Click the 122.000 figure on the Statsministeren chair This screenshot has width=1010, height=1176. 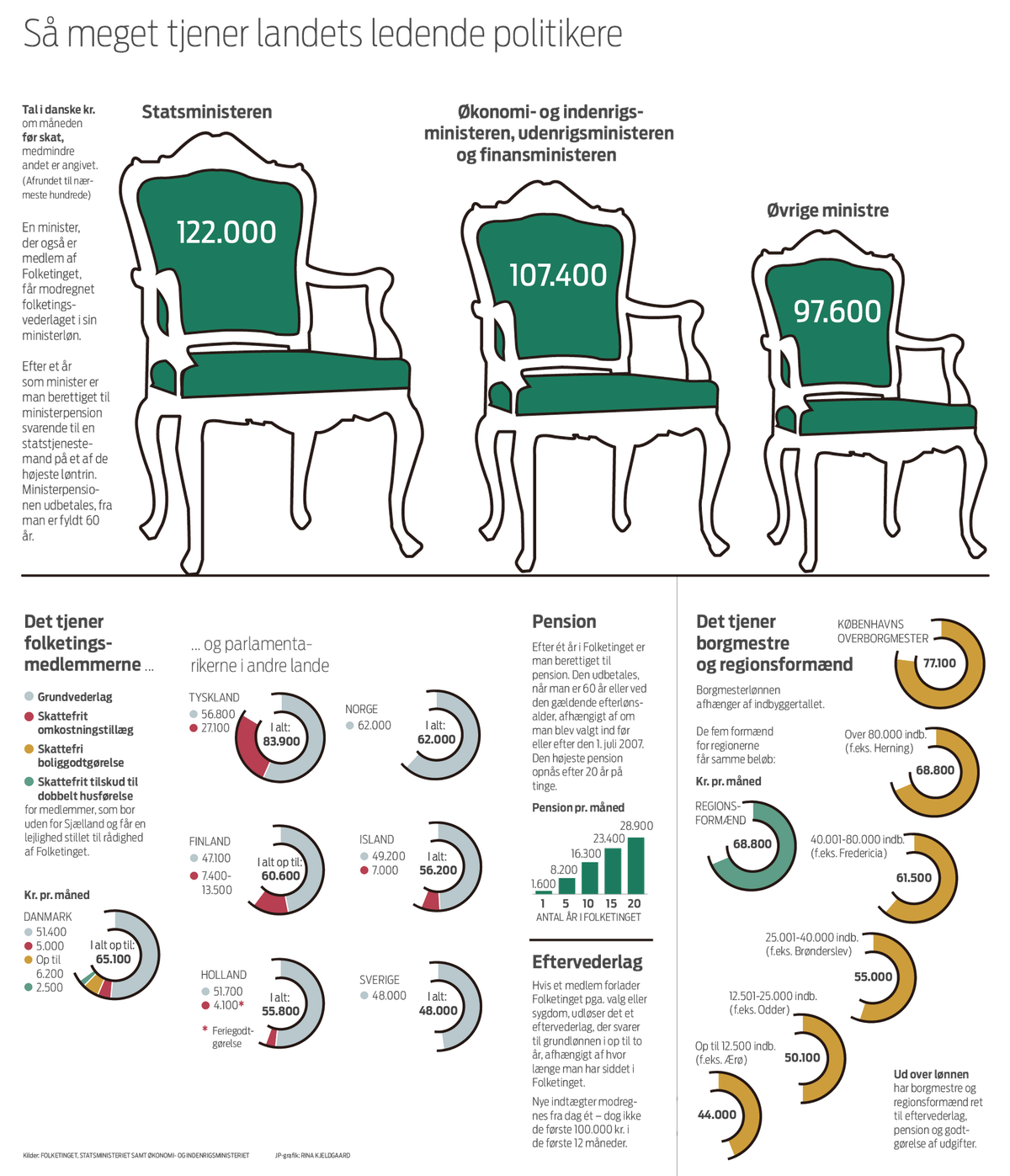click(226, 232)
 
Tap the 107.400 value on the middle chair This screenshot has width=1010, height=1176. click(558, 274)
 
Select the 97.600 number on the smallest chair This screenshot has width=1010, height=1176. click(837, 311)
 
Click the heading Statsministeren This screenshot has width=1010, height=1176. click(206, 111)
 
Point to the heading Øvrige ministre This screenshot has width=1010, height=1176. click(827, 210)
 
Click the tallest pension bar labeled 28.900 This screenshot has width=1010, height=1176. click(636, 865)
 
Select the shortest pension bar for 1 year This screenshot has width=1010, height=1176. click(544, 892)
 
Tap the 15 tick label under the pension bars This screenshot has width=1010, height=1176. click(611, 903)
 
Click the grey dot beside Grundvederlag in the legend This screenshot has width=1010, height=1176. click(29, 696)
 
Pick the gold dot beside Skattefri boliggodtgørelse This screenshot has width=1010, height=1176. click(29, 748)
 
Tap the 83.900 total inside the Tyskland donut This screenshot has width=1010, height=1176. click(281, 741)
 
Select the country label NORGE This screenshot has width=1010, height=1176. click(361, 709)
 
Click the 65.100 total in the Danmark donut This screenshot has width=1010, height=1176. click(114, 959)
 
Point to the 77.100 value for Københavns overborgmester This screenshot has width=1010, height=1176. click(939, 662)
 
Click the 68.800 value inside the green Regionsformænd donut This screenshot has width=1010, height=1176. click(752, 843)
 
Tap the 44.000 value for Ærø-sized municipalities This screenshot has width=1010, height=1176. click(717, 1114)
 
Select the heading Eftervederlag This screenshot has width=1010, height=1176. click(587, 961)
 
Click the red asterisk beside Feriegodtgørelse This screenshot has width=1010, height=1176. click(205, 1029)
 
